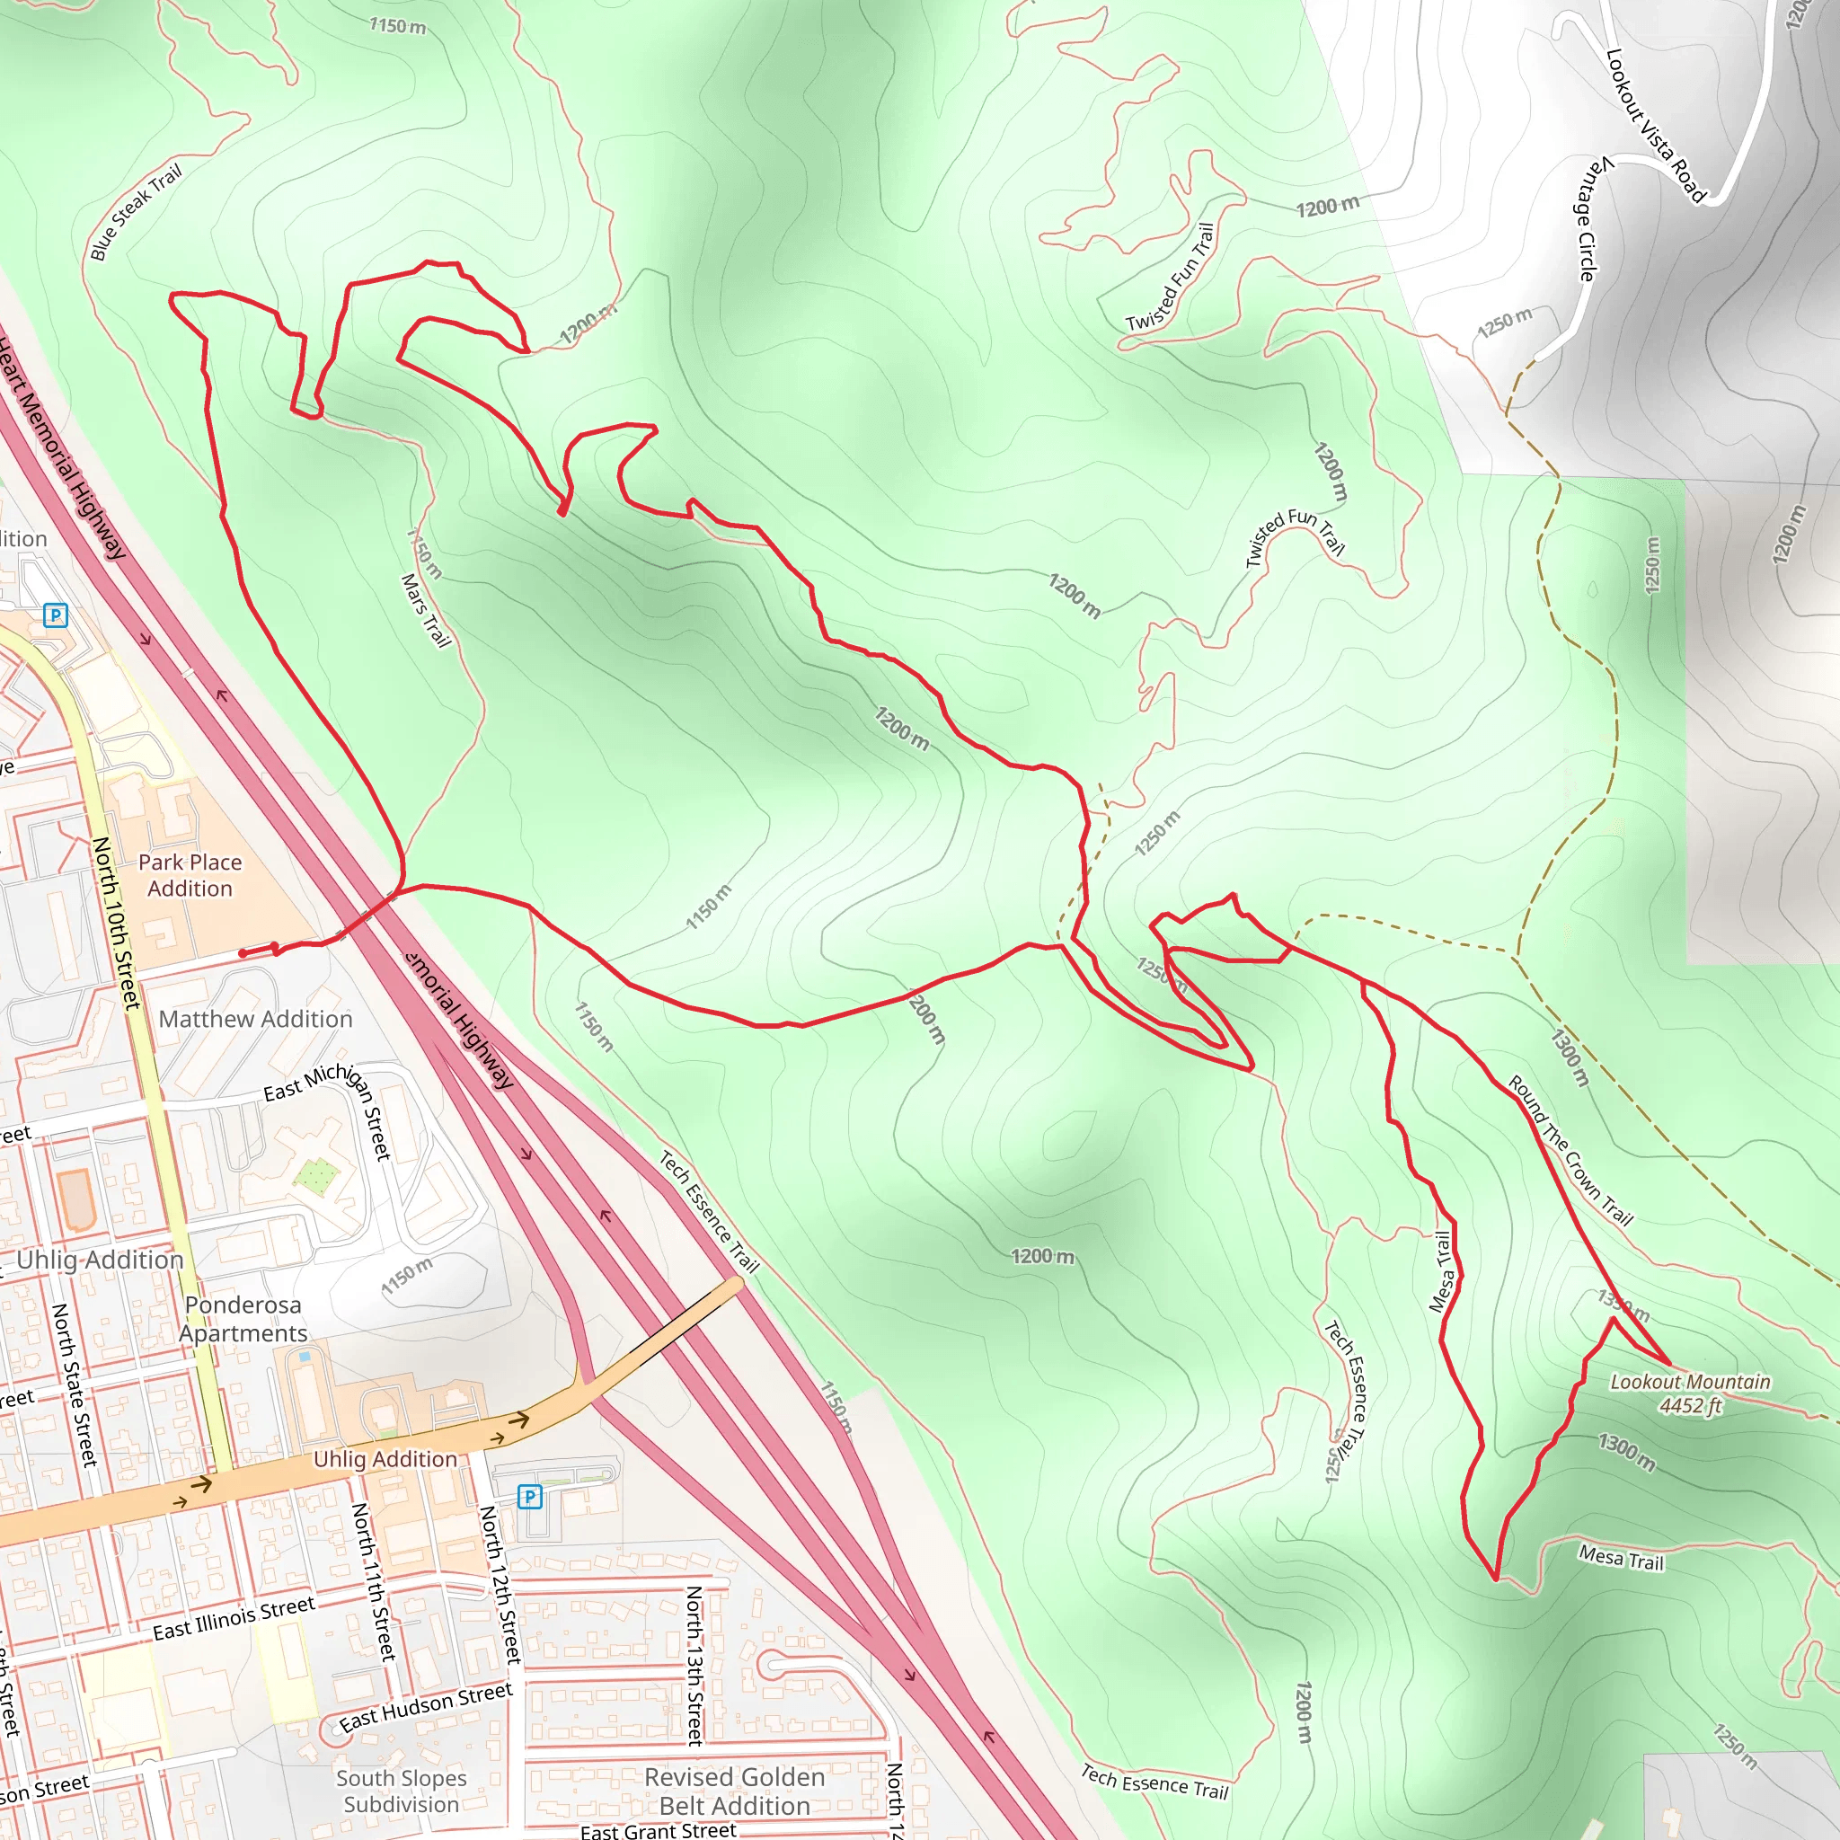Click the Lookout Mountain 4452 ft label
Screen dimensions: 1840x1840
(x=1690, y=1393)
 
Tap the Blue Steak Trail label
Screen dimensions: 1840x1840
(x=136, y=211)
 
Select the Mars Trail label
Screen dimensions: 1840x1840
(x=426, y=609)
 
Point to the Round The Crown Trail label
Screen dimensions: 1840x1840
(x=1570, y=1149)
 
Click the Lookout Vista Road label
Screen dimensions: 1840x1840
(x=1655, y=125)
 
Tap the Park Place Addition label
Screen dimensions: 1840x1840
(x=190, y=874)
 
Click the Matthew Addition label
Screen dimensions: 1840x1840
(x=255, y=1019)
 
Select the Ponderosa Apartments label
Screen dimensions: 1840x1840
(x=243, y=1318)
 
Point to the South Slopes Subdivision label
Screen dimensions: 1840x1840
(x=401, y=1791)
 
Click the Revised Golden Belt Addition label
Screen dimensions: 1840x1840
(x=734, y=1791)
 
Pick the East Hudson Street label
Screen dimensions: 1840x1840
(x=426, y=1707)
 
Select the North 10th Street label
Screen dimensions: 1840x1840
(x=117, y=922)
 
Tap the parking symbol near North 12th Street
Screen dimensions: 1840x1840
(x=529, y=1496)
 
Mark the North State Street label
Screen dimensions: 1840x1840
(x=75, y=1384)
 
